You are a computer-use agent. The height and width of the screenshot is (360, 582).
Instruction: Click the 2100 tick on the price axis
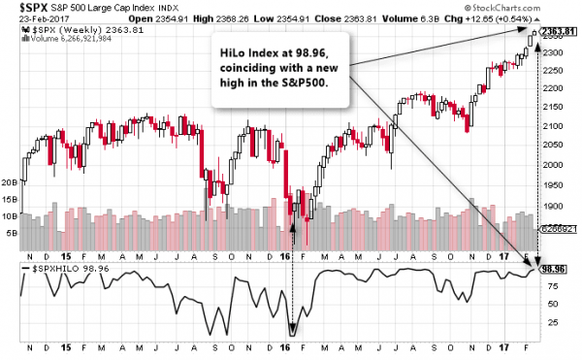tap(552, 126)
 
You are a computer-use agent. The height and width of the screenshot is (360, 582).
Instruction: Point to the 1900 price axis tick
tap(552, 206)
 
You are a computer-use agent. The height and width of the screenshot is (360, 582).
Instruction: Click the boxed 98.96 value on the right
tap(554, 269)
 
